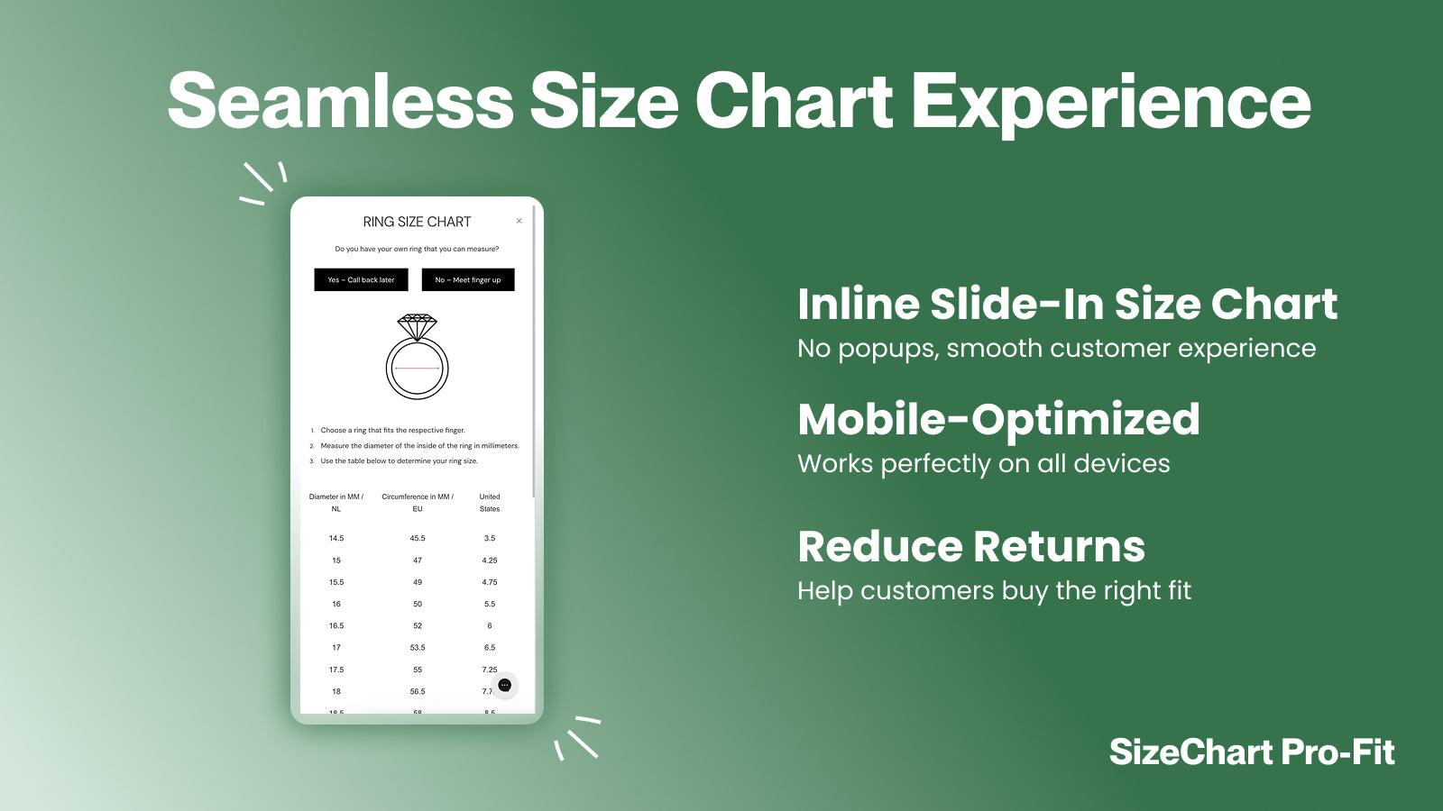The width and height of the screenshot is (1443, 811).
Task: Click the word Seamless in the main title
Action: [x=340, y=101]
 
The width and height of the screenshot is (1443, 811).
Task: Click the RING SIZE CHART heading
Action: [x=417, y=222]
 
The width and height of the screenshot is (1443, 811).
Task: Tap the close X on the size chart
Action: [x=519, y=221]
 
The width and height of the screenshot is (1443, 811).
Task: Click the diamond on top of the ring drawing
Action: [x=418, y=326]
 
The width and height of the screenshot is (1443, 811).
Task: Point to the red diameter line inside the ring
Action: [x=418, y=368]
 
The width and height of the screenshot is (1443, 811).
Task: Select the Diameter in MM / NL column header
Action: [x=336, y=503]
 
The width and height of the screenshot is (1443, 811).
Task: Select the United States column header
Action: [x=490, y=503]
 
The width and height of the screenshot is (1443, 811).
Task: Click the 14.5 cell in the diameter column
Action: [x=336, y=538]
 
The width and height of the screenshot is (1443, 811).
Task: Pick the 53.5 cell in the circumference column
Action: [x=418, y=648]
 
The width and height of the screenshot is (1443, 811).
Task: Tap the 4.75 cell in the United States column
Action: [x=490, y=582]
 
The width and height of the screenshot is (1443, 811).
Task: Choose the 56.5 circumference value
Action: [x=418, y=692]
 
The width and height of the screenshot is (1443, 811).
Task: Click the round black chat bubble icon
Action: [x=505, y=686]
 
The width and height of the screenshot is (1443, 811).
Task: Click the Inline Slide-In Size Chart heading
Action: [x=1067, y=305]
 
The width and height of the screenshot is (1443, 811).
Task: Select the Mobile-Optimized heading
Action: [x=998, y=420]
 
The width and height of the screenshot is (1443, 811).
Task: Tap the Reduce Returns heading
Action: [x=971, y=547]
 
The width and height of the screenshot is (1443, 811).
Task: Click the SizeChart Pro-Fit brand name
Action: [x=1252, y=752]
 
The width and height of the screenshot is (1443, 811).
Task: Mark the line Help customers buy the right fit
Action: [x=994, y=591]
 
